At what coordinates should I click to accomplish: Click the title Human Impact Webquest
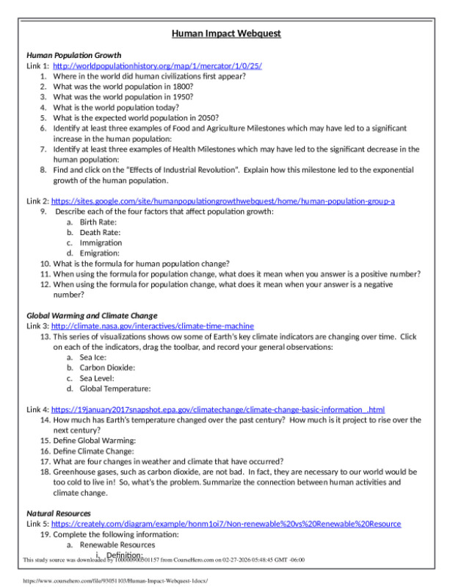(x=226, y=34)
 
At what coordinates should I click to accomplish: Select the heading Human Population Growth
(x=73, y=55)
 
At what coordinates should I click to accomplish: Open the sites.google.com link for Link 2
(x=222, y=201)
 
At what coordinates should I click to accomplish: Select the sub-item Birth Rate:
(x=98, y=222)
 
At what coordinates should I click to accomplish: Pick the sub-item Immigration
(x=101, y=242)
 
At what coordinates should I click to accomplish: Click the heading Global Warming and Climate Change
(x=93, y=315)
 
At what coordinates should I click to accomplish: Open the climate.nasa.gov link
(x=152, y=325)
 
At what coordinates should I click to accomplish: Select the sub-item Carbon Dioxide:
(x=107, y=367)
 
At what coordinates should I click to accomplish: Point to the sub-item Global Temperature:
(x=115, y=388)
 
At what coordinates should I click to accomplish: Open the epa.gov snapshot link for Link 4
(x=217, y=409)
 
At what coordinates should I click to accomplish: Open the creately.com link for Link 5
(x=225, y=524)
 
